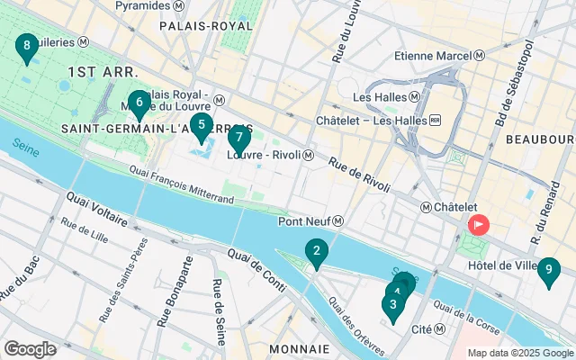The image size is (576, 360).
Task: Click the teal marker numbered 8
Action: pyautogui.click(x=26, y=47)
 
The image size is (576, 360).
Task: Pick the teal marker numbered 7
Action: pyautogui.click(x=238, y=139)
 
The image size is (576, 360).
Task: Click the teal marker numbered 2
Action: pyautogui.click(x=316, y=252)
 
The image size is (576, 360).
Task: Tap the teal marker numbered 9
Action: pyautogui.click(x=548, y=270)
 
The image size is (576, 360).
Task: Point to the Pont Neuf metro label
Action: pyautogui.click(x=310, y=221)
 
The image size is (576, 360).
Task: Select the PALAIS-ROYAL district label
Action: pyautogui.click(x=206, y=26)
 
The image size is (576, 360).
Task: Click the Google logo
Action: pyautogui.click(x=30, y=348)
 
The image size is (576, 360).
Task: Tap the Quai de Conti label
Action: pyautogui.click(x=259, y=270)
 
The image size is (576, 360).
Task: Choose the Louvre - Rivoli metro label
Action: pyautogui.click(x=270, y=155)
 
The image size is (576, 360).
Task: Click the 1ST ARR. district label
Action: pyautogui.click(x=102, y=70)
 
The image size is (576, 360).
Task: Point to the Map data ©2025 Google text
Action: pyautogui.click(x=520, y=353)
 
